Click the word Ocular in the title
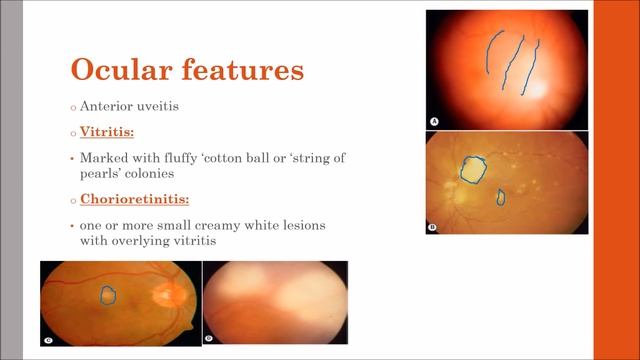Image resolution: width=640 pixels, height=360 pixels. click(x=121, y=69)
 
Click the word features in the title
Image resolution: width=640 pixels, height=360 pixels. click(x=243, y=69)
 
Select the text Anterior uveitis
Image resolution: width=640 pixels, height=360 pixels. click(x=129, y=106)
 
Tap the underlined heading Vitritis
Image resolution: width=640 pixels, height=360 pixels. click(x=107, y=131)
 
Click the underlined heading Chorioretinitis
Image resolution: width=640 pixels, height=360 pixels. click(x=135, y=199)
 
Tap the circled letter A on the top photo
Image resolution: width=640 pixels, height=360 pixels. click(x=434, y=121)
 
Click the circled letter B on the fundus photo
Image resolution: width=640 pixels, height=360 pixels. click(x=432, y=227)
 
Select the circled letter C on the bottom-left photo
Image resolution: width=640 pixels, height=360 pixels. click(x=48, y=340)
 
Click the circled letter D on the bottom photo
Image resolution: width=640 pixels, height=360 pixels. click(x=209, y=338)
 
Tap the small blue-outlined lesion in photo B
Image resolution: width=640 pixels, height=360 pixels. click(x=501, y=197)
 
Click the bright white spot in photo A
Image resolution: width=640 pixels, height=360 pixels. click(x=538, y=89)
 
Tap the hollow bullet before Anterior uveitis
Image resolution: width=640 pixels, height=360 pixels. click(x=73, y=108)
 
